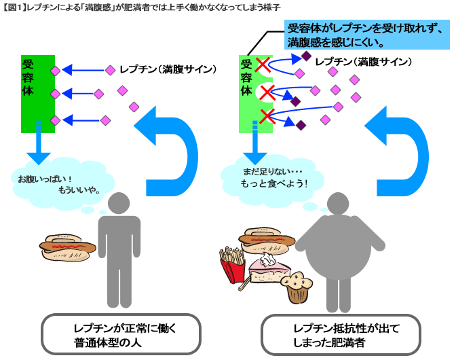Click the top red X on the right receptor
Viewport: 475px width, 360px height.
click(x=262, y=66)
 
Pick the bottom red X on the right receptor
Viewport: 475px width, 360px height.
click(x=267, y=116)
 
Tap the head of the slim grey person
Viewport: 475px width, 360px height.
click(x=119, y=203)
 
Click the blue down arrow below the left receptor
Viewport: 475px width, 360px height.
click(x=39, y=143)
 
